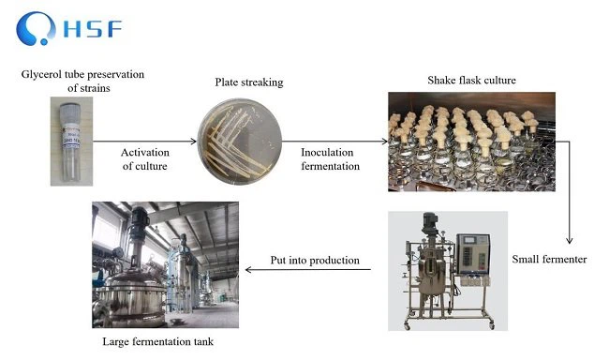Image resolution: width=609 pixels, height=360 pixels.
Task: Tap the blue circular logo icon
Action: pyautogui.click(x=38, y=28)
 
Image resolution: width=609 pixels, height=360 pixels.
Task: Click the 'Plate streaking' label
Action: pyautogui.click(x=248, y=82)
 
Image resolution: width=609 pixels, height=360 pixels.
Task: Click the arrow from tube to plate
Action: pyautogui.click(x=154, y=142)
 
